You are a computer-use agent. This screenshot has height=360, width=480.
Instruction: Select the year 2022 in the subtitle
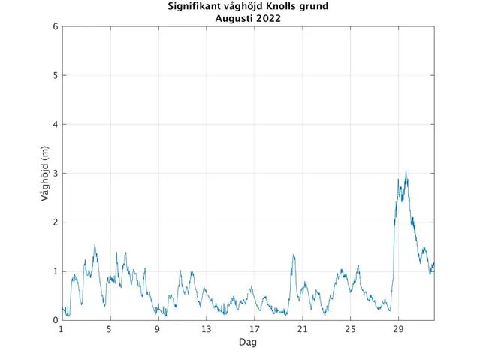[267, 19]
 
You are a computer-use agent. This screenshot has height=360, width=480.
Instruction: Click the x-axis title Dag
[248, 342]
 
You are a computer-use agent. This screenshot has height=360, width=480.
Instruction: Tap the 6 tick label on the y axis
[55, 27]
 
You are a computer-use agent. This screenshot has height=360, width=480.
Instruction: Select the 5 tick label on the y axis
[55, 76]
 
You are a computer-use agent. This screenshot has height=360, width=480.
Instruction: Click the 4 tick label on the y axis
[55, 125]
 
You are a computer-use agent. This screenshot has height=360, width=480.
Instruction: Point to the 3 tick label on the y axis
[55, 174]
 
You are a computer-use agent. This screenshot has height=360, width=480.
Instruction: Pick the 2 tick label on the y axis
[55, 222]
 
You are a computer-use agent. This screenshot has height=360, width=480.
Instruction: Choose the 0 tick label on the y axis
[55, 320]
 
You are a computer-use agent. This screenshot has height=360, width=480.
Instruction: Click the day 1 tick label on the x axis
[62, 329]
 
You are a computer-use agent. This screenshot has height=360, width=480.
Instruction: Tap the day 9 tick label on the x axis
[158, 329]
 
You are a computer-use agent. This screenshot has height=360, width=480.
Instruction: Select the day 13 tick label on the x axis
[206, 329]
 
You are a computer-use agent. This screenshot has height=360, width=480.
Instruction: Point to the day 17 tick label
[254, 329]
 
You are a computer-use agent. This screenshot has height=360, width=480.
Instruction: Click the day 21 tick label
[302, 329]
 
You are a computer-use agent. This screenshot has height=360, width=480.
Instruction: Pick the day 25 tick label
[350, 329]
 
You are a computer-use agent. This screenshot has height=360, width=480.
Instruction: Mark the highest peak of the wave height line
[406, 171]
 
